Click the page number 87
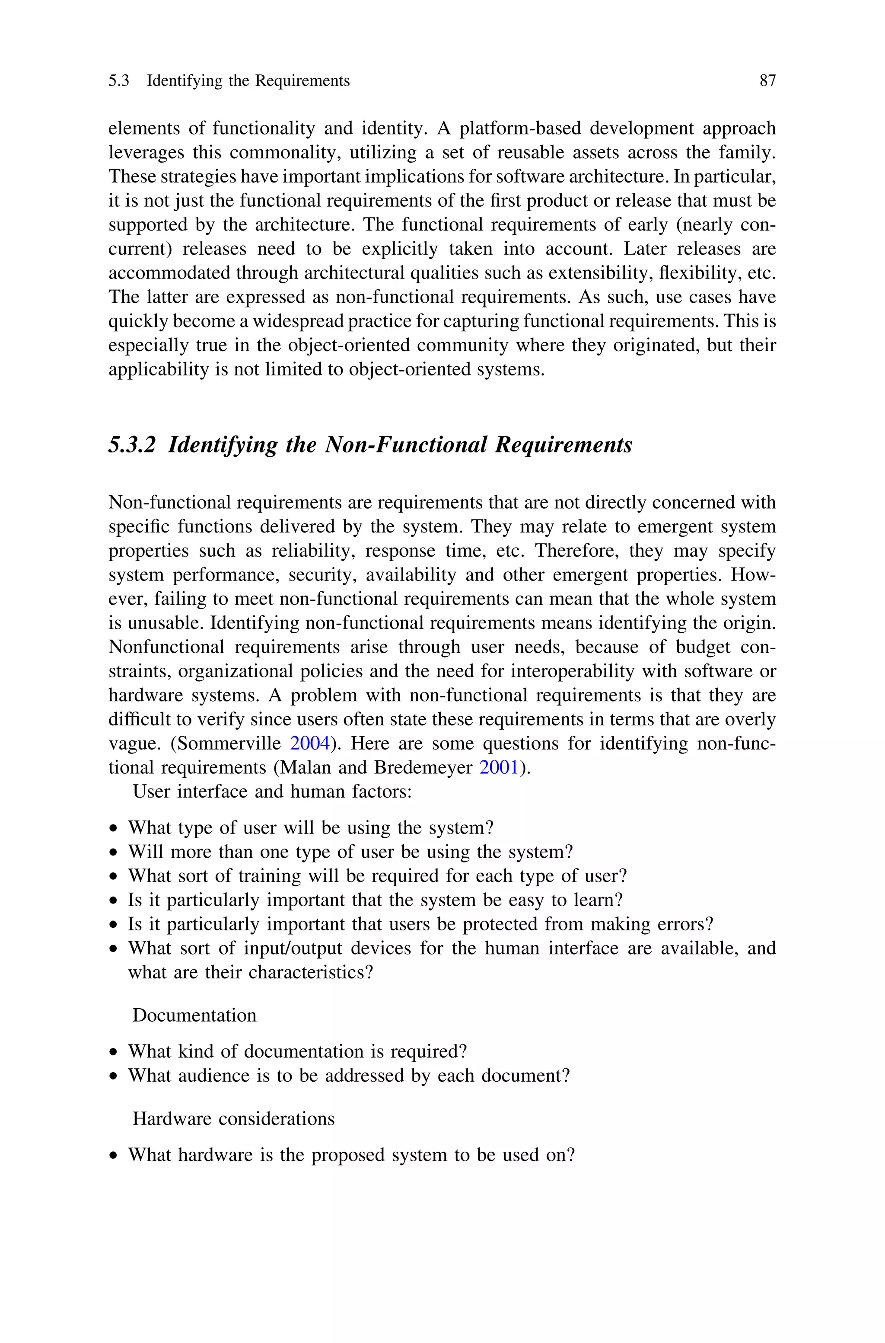[767, 81]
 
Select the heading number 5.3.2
[131, 445]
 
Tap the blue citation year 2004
[309, 743]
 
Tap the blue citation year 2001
[498, 767]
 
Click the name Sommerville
[230, 743]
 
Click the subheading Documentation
[194, 1015]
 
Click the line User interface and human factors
[272, 791]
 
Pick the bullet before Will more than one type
[115, 852]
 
